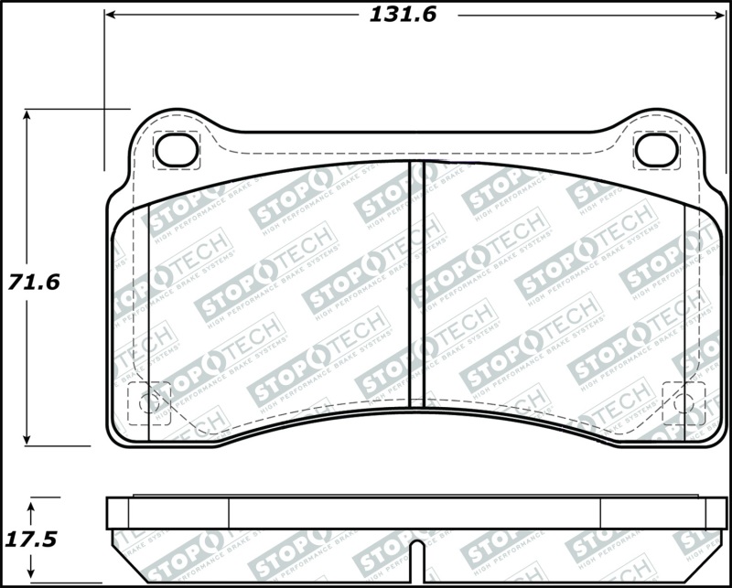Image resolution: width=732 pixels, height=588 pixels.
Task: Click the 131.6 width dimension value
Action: point(403,14)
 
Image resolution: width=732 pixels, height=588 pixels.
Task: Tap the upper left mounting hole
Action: point(177,150)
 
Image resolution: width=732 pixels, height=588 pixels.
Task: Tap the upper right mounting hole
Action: point(656,150)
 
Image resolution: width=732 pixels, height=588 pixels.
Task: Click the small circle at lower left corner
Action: point(153,400)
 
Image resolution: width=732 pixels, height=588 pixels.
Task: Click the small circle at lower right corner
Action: point(681,400)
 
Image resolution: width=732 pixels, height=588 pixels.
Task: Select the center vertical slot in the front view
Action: point(416,283)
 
